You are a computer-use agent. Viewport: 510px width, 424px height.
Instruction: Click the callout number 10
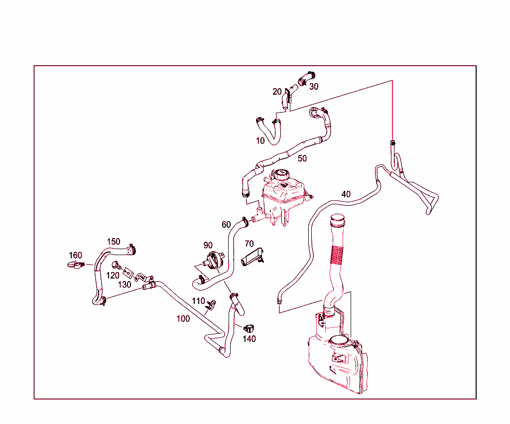[x=260, y=141]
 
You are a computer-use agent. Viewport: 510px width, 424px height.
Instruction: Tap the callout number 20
[x=277, y=92]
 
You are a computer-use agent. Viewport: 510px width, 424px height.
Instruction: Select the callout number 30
[x=314, y=87]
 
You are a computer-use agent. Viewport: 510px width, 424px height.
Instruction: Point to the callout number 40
[x=346, y=194]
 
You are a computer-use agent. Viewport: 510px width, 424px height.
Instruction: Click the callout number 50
[x=302, y=158]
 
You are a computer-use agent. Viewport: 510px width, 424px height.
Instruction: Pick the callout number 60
[x=226, y=225]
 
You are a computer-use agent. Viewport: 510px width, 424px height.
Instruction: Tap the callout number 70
[x=249, y=244]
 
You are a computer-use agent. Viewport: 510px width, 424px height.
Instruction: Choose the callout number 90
[x=208, y=245]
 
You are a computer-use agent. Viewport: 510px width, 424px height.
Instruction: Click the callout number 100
[x=183, y=318]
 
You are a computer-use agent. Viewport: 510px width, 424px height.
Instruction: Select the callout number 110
[x=198, y=301]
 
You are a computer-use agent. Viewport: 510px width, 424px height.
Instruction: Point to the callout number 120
[x=113, y=276]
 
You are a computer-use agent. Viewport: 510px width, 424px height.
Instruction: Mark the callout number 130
[x=124, y=284]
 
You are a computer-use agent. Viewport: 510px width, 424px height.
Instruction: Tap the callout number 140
[x=249, y=339]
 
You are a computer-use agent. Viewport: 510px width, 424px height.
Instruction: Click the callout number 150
[x=114, y=242]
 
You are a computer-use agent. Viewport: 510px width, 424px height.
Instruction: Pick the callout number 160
[x=76, y=256]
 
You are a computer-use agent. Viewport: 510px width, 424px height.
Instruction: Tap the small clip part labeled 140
[x=249, y=328]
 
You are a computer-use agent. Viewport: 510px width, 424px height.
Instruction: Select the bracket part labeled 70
[x=253, y=257]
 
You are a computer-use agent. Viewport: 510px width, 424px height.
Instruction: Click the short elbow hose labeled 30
[x=306, y=78]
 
